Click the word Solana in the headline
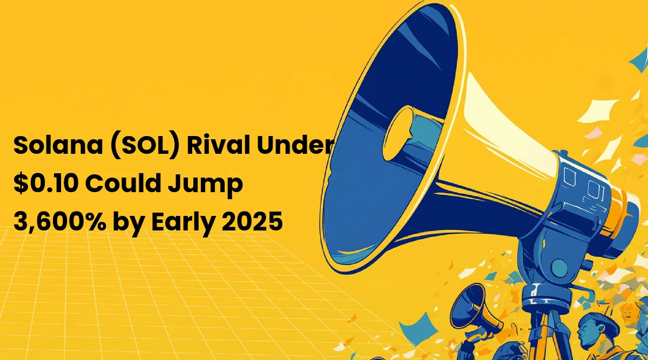58,145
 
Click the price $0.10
46,183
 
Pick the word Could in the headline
123,183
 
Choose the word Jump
205,185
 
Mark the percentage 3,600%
59,221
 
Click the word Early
184,223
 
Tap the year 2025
252,221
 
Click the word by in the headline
129,223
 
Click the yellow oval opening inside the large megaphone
398,133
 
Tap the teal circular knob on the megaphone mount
559,268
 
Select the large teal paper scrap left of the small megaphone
418,328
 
